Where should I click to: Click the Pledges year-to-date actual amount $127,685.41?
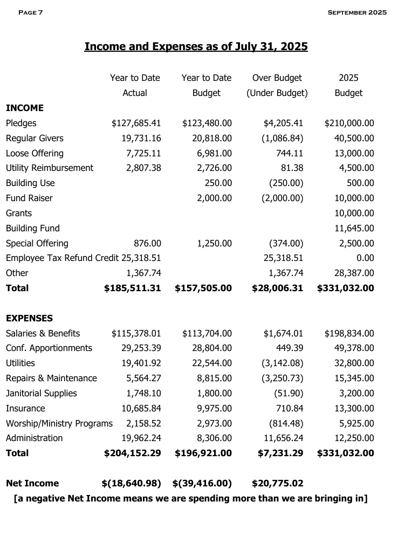coord(136,123)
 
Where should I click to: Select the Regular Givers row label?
coord(35,139)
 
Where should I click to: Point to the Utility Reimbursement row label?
coord(50,168)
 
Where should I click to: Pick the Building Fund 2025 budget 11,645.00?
coord(354,229)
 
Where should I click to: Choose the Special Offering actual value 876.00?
coord(147,244)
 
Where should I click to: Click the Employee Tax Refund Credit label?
coord(62,258)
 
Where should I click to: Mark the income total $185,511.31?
coord(132,288)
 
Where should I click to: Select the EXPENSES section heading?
coord(29,319)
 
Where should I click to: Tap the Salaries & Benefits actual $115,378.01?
coord(136,334)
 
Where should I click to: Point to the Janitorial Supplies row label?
coord(42,394)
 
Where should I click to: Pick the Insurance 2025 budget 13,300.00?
coord(354,409)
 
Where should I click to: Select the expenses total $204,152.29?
coord(132,453)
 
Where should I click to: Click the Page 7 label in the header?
coord(30,12)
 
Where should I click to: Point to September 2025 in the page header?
coord(357,12)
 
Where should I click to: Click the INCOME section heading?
coord(25,108)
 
